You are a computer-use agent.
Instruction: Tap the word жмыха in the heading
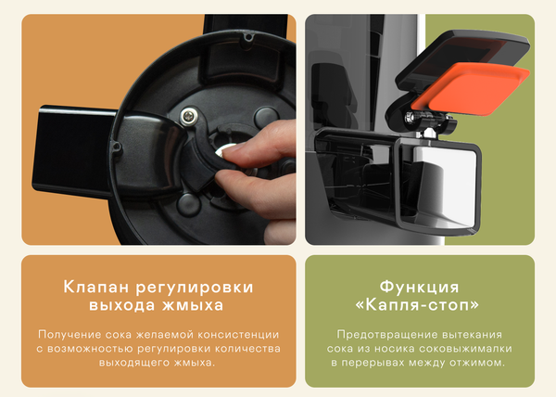[198, 305]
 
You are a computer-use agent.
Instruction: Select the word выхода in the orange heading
[130, 305]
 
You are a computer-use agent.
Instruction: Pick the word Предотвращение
[380, 333]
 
